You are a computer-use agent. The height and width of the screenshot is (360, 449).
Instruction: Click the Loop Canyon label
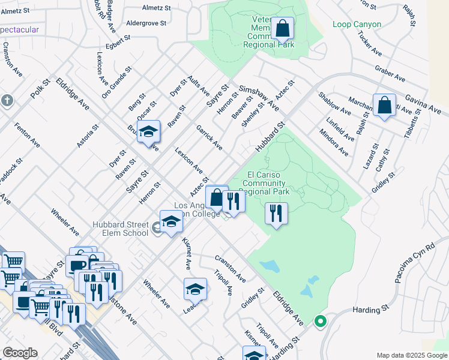(357, 25)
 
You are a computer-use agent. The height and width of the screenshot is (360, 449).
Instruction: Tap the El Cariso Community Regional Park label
(268, 183)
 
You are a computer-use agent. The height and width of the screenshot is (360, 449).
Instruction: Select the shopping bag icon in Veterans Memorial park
(282, 28)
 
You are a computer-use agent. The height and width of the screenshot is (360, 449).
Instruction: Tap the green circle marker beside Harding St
(320, 322)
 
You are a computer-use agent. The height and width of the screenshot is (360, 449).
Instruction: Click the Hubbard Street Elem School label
(120, 229)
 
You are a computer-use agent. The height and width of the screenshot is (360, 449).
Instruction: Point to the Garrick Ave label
(209, 138)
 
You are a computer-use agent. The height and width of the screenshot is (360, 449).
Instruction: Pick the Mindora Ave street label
(333, 142)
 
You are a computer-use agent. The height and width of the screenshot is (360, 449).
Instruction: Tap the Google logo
(20, 353)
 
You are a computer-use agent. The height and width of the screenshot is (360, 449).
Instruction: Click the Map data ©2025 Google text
(411, 355)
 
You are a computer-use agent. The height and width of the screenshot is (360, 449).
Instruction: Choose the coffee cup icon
(77, 265)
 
